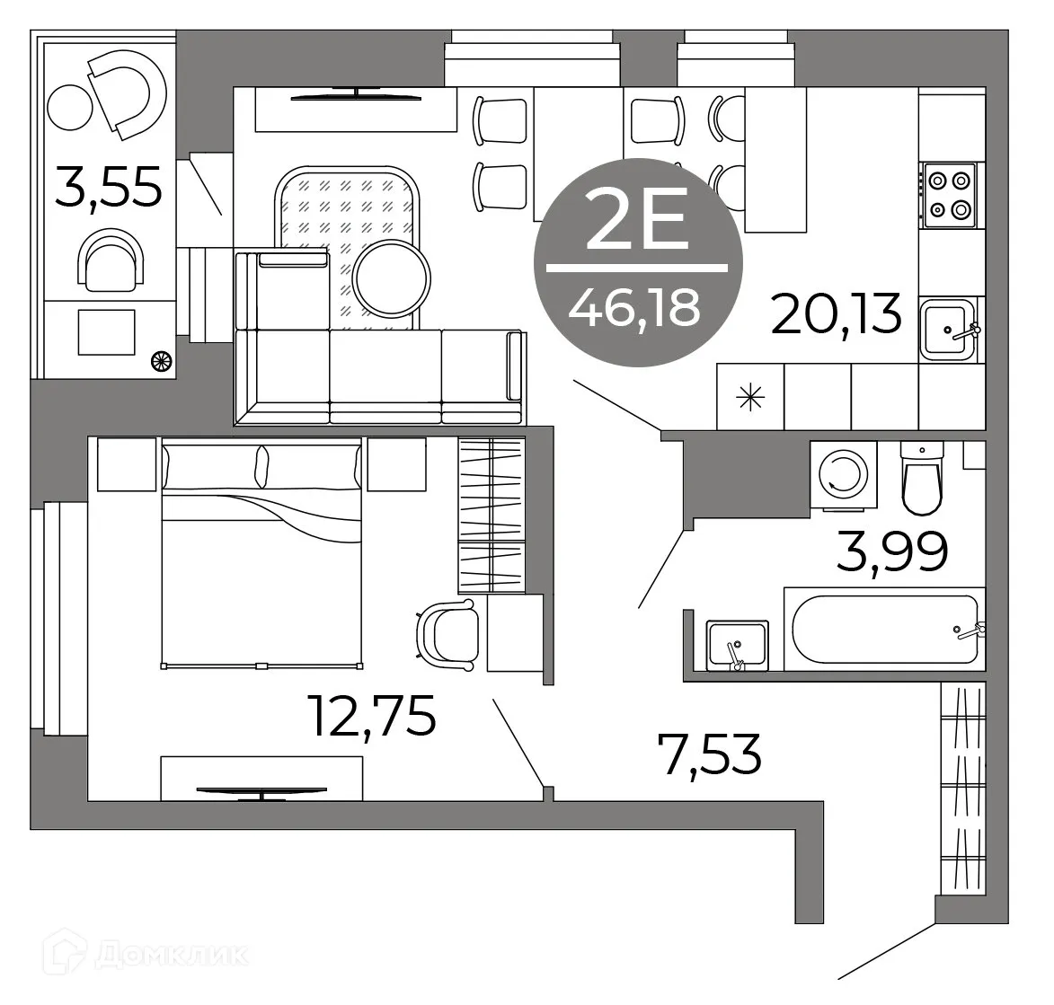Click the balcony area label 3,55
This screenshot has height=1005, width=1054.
(109, 188)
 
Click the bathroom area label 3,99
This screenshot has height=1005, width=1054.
(891, 551)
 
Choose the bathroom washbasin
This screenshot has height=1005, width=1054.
(737, 644)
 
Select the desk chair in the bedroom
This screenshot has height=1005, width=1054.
(447, 634)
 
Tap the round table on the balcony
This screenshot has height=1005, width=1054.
(69, 108)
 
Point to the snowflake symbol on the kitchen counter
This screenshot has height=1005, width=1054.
(750, 396)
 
